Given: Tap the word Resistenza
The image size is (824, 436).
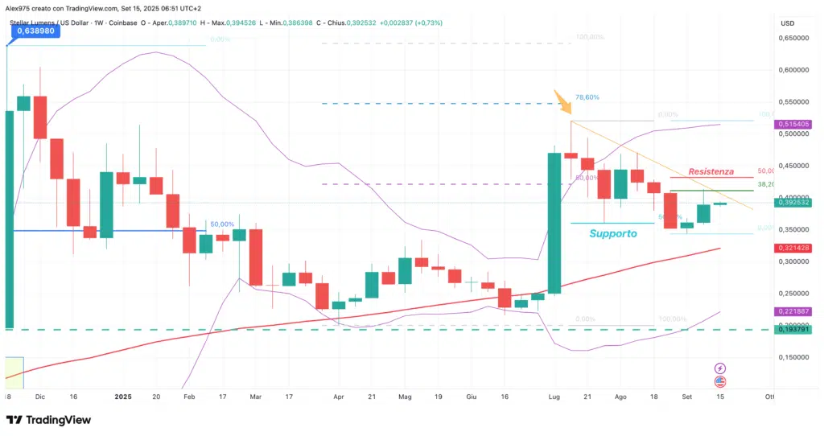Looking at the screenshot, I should pyautogui.click(x=711, y=171).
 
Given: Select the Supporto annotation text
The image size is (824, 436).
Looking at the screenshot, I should pyautogui.click(x=613, y=233).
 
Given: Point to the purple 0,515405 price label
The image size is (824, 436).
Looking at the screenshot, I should pyautogui.click(x=794, y=125).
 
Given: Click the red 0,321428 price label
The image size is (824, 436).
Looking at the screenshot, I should pyautogui.click(x=794, y=249).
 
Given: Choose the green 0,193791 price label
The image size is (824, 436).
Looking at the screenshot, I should pyautogui.click(x=794, y=329).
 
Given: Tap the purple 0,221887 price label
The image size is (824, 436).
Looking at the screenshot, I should pyautogui.click(x=794, y=311).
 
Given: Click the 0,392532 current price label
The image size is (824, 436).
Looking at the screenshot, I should pyautogui.click(x=794, y=203).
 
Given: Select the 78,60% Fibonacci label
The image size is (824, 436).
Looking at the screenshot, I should pyautogui.click(x=585, y=97).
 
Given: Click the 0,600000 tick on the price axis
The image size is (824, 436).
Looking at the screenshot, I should pyautogui.click(x=794, y=69).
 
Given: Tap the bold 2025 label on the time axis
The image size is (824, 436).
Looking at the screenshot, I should pyautogui.click(x=122, y=397).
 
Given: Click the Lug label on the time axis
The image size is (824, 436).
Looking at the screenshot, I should pyautogui.click(x=554, y=397).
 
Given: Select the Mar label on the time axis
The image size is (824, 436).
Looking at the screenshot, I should pyautogui.click(x=256, y=397).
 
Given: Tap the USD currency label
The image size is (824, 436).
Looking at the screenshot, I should pyautogui.click(x=787, y=23).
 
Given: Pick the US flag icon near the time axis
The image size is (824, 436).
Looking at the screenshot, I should pyautogui.click(x=720, y=381).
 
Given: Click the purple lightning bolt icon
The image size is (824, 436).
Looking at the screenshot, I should pyautogui.click(x=720, y=368).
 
